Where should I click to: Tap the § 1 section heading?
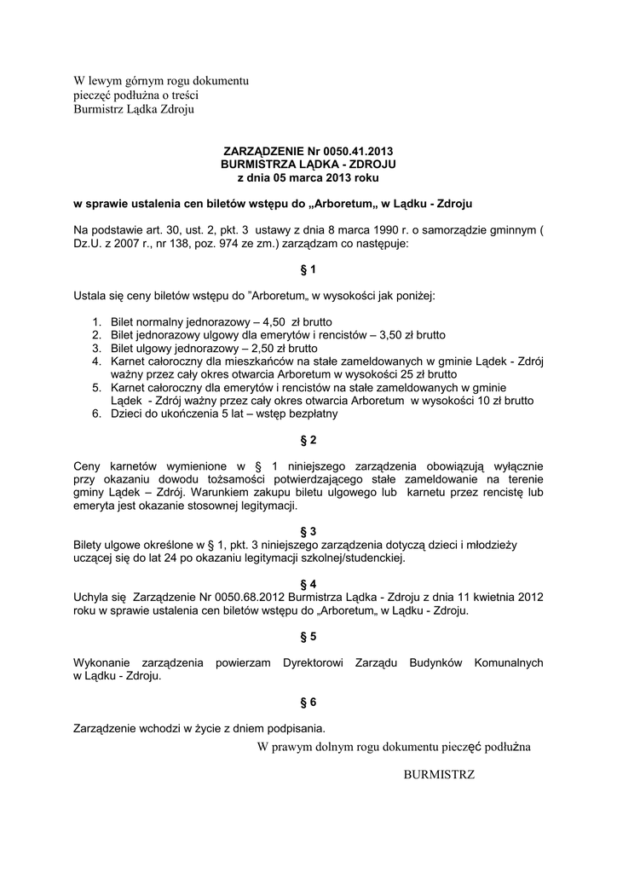308,269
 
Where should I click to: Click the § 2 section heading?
308,440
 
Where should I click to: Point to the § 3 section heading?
308,530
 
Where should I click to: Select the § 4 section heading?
308,584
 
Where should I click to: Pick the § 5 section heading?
308,636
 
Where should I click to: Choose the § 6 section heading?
308,702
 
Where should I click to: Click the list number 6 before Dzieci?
96,414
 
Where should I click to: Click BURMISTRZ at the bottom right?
439,774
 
